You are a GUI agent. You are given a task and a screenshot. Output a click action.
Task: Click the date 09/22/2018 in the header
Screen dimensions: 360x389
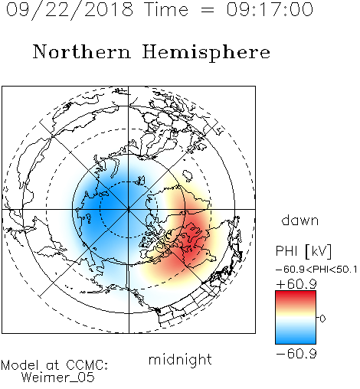[70, 10]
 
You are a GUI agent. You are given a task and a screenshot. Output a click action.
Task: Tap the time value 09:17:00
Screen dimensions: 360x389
[270, 9]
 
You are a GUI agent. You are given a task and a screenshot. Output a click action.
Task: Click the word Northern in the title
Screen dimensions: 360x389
[82, 51]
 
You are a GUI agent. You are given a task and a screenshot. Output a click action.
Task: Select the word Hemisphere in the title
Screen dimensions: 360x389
[206, 53]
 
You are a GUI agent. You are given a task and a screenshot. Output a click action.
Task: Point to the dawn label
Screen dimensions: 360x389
[300, 220]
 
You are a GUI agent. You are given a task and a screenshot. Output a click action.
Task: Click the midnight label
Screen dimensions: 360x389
[180, 360]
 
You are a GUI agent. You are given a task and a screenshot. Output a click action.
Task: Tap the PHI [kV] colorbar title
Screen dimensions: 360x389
[303, 251]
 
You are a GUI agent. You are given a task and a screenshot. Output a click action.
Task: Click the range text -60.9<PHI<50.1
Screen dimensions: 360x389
[316, 270]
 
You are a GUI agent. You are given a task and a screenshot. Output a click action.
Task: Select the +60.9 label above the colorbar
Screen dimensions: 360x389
[296, 284]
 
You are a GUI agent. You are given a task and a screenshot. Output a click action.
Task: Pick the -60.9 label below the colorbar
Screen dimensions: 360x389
[296, 354]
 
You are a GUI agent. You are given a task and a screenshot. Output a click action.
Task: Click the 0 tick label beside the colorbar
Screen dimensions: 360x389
[322, 319]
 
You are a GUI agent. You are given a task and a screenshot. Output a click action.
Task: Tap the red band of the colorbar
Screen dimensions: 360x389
[296, 297]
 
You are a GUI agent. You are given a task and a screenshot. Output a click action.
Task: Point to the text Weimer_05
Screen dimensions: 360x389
[58, 378]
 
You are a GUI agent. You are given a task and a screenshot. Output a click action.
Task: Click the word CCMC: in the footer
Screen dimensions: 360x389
[87, 365]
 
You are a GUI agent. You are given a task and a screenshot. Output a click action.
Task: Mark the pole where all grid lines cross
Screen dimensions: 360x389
[129, 209]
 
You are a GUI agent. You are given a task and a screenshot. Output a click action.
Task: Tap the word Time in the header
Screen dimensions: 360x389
[166, 9]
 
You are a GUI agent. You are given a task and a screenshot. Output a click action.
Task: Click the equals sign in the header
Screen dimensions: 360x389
[208, 10]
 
